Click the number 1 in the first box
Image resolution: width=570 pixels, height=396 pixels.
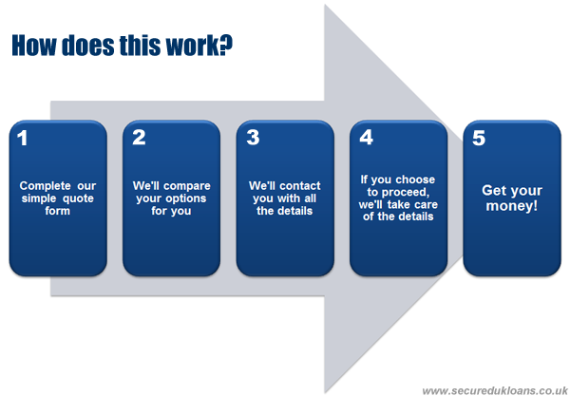pos(23,138)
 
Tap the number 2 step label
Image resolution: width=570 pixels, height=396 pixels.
pos(139,138)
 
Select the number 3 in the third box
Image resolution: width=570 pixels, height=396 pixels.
pos(253,138)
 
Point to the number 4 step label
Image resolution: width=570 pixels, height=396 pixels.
pos(366,138)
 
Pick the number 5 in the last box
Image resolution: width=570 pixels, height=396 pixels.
pos(479,138)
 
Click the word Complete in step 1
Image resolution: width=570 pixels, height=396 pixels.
pos(45,186)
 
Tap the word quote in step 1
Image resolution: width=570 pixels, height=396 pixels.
pos(78,198)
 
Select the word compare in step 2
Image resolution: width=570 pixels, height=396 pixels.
pos(187,186)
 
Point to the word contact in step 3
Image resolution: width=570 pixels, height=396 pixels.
pos(299,186)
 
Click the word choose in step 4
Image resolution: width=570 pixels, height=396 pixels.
pos(415,179)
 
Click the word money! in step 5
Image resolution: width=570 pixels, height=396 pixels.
pos(511,206)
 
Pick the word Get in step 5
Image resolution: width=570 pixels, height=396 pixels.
pos(492,190)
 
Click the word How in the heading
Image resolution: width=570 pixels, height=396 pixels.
pos(34,46)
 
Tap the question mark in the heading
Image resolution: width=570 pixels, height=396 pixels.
pos(227,46)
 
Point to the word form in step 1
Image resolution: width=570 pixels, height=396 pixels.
pos(57,211)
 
